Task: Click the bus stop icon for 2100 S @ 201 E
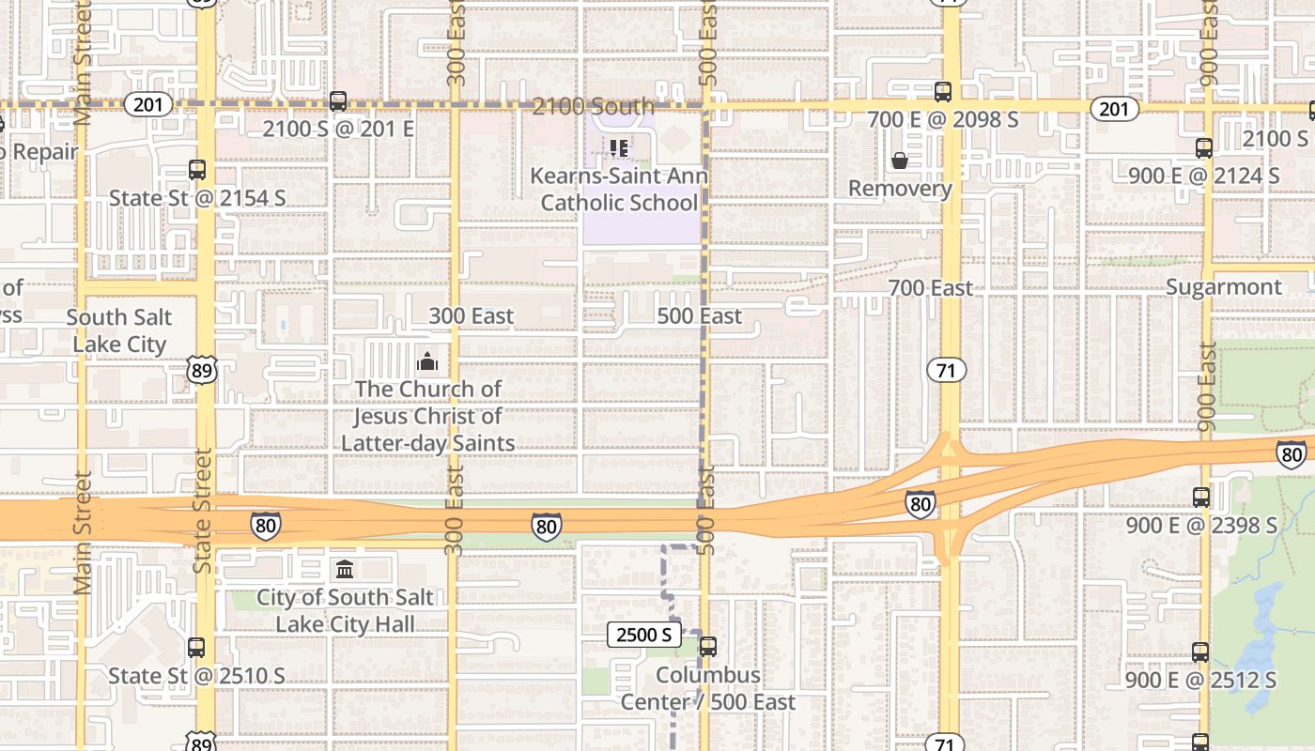coord(338,100)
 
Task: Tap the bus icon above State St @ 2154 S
coord(197,170)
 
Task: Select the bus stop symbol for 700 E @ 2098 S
coord(943,92)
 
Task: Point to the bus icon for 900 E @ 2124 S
coord(1204,148)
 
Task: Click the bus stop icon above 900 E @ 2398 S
coord(1201,498)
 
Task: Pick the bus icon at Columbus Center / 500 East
coord(708,647)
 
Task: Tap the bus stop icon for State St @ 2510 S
coord(196,648)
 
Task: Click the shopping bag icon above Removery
coord(900,161)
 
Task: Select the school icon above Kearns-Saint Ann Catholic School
coord(618,148)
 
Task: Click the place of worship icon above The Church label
coord(427,361)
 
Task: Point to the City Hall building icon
coord(345,570)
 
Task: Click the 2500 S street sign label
coord(644,635)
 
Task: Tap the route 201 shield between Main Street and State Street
coord(147,104)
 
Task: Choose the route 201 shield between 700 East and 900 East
coord(1114,109)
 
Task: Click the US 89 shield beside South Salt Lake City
coord(201,370)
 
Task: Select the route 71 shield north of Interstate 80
coord(946,370)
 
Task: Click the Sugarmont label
coord(1223,287)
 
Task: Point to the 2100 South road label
coord(593,106)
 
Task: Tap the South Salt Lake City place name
coord(119,331)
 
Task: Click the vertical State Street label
coord(203,511)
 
